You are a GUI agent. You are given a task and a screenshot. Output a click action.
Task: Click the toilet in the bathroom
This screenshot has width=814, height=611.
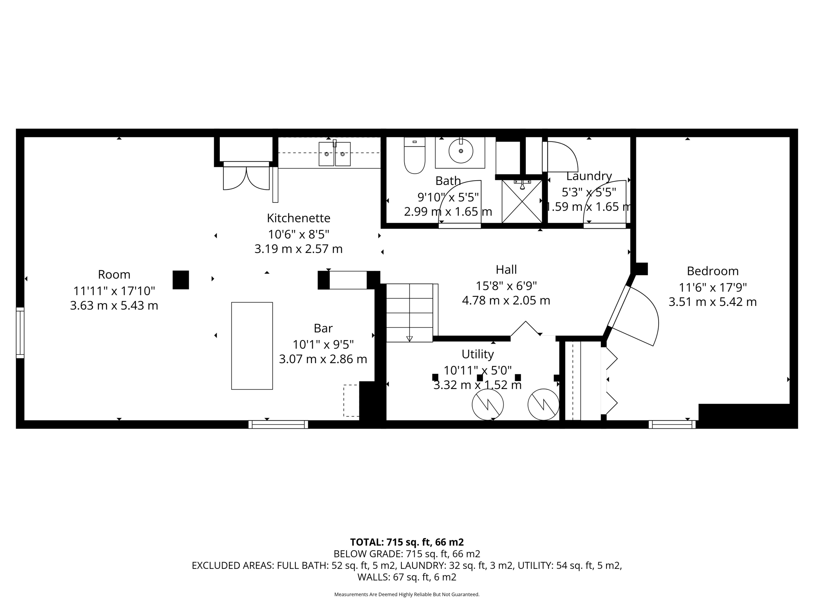point(415,158)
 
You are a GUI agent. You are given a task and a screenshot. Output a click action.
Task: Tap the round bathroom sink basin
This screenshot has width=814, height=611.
point(461,151)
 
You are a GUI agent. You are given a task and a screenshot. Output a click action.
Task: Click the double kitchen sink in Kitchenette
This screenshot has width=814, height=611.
point(335,154)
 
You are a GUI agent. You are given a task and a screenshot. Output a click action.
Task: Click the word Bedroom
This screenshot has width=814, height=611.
point(712,271)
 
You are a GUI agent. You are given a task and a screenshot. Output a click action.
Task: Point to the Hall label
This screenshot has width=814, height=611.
point(506,270)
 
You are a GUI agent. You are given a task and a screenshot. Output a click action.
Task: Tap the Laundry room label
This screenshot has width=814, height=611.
point(589,176)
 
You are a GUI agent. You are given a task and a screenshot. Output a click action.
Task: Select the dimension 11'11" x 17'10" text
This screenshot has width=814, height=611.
point(114,291)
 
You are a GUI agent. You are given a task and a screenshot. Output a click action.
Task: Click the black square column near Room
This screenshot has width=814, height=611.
point(180,280)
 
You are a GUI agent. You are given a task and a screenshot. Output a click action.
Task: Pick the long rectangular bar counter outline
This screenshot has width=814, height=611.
point(252,346)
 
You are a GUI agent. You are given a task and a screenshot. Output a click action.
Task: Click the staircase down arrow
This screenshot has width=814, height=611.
point(409,339)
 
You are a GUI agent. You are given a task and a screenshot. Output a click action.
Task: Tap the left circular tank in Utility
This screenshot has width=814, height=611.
point(488,405)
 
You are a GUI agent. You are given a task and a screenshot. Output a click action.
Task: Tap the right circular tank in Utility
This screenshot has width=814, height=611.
point(543,405)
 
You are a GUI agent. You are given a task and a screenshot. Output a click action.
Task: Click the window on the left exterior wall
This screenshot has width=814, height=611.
point(20,333)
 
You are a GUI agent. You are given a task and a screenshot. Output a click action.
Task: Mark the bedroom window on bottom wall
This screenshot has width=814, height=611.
point(672,424)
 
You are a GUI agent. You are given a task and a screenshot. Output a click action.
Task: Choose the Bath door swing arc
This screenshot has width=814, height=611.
point(457,199)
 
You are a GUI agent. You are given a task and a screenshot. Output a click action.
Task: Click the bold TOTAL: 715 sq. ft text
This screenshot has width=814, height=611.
point(407,542)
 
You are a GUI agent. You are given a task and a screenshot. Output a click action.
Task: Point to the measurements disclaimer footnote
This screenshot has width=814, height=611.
point(407,594)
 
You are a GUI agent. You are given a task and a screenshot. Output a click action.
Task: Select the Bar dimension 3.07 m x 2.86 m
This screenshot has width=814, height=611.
point(323,359)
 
